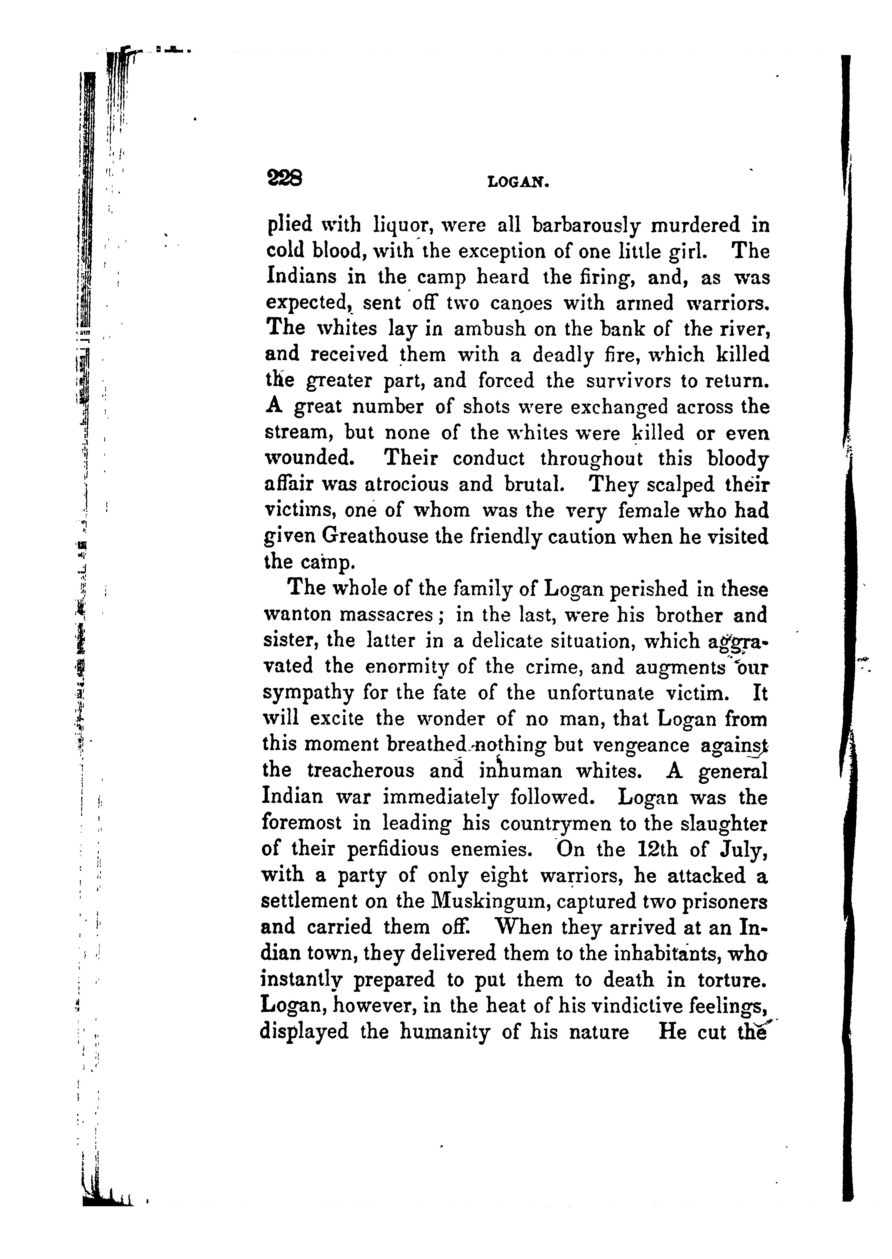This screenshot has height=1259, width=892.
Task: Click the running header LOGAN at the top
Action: pos(518,181)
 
